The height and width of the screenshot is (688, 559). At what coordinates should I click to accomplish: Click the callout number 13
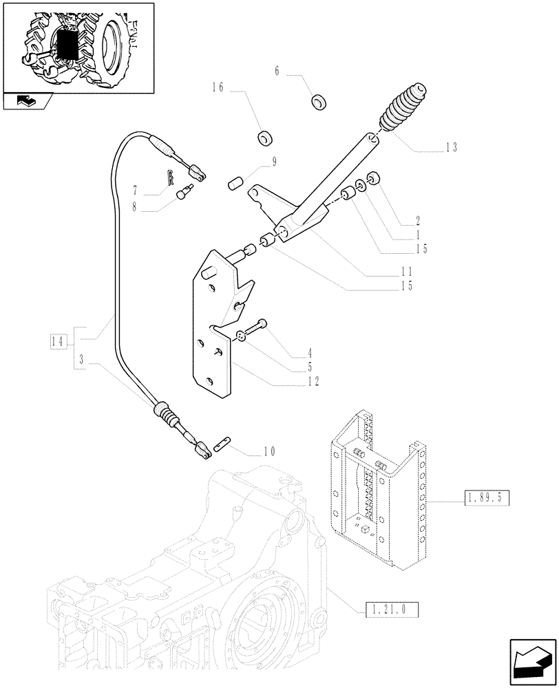(x=451, y=147)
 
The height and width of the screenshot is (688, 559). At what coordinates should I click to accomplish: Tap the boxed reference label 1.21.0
(x=388, y=608)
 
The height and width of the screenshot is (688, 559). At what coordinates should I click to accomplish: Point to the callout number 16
(x=218, y=89)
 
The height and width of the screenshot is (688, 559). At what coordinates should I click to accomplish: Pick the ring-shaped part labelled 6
(x=319, y=103)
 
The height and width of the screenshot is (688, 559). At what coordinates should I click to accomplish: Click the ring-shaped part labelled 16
(x=264, y=138)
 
